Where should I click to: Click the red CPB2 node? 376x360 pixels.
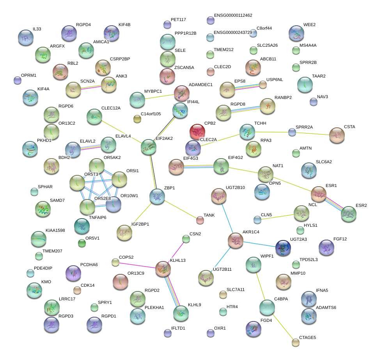click(197, 132)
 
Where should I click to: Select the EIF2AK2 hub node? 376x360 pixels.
click(148, 147)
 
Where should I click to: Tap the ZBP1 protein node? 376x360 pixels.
click(157, 196)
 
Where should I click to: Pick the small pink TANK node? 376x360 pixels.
click(200, 221)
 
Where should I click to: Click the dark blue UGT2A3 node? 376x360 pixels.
click(283, 248)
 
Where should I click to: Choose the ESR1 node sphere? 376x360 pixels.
click(319, 194)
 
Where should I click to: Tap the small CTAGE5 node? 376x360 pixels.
click(296, 342)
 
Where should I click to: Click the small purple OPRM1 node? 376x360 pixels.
click(17, 80)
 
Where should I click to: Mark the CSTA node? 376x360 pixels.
click(337, 135)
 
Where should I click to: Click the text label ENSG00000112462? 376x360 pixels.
click(233, 16)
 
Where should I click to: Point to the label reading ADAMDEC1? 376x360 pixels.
click(200, 85)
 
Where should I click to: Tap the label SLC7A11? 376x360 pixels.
click(236, 289)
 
